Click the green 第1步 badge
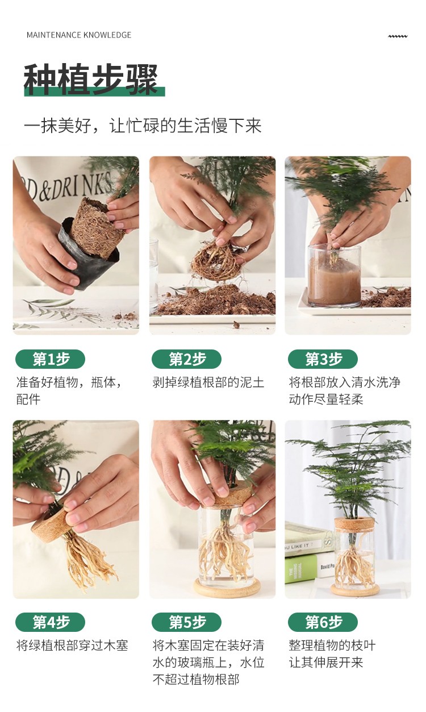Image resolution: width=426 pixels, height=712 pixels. [50, 359]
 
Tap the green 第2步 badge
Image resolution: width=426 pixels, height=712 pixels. [186, 359]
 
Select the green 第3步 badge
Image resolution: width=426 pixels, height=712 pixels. [323, 359]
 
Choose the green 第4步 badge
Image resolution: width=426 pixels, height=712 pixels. [50, 622]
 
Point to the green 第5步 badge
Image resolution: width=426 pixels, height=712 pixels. [186, 622]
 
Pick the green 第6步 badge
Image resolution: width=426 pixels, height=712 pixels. [323, 622]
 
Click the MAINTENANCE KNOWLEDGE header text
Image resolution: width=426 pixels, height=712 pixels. [79, 35]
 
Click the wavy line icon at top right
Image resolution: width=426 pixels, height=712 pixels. [398, 36]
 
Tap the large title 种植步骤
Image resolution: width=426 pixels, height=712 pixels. [91, 80]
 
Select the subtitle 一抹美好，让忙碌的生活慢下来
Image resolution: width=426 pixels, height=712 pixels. [143, 126]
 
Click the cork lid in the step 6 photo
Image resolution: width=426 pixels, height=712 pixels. [354, 524]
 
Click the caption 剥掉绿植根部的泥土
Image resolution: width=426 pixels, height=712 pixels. [208, 382]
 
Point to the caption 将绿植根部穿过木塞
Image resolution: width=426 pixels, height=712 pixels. [72, 646]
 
